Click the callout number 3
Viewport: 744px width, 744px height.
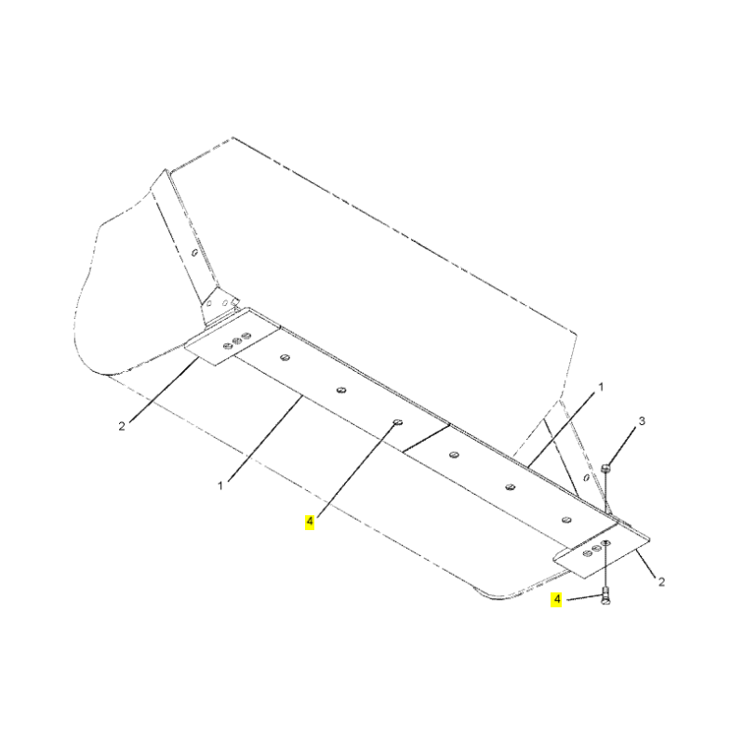coord(642,421)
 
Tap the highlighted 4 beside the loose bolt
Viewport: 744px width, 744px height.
coord(556,599)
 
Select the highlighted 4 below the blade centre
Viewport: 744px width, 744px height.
coord(310,523)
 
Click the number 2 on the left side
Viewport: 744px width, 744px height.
coord(122,426)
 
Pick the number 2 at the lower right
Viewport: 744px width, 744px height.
coord(661,582)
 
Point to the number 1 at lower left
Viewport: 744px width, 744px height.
coord(220,485)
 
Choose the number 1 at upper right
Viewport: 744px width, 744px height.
coord(601,387)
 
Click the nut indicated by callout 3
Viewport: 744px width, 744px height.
coord(605,469)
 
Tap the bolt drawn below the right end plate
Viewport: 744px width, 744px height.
coord(605,595)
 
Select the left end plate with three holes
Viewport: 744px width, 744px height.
coord(232,337)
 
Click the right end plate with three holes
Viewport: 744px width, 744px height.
coord(602,551)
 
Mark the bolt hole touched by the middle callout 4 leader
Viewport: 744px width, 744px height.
coord(398,422)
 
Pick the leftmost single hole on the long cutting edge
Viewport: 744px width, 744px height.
coord(285,357)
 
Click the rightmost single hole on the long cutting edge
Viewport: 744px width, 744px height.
coord(566,520)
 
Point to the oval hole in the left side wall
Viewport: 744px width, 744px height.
coord(194,252)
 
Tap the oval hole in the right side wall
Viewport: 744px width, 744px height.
coord(587,477)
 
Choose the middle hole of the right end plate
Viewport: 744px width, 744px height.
coord(596,548)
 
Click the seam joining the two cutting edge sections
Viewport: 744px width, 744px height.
coord(426,438)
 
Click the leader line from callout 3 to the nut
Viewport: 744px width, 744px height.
coord(623,446)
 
